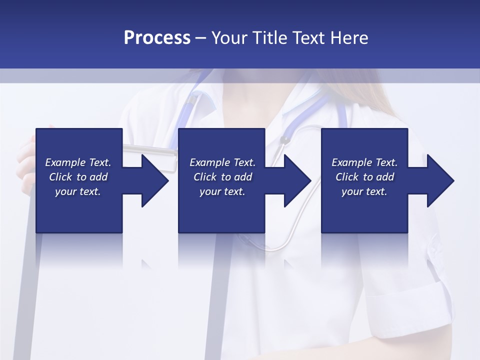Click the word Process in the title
(x=157, y=38)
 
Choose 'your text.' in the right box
(x=364, y=191)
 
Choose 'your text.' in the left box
(x=77, y=191)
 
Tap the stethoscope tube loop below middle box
(x=270, y=245)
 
